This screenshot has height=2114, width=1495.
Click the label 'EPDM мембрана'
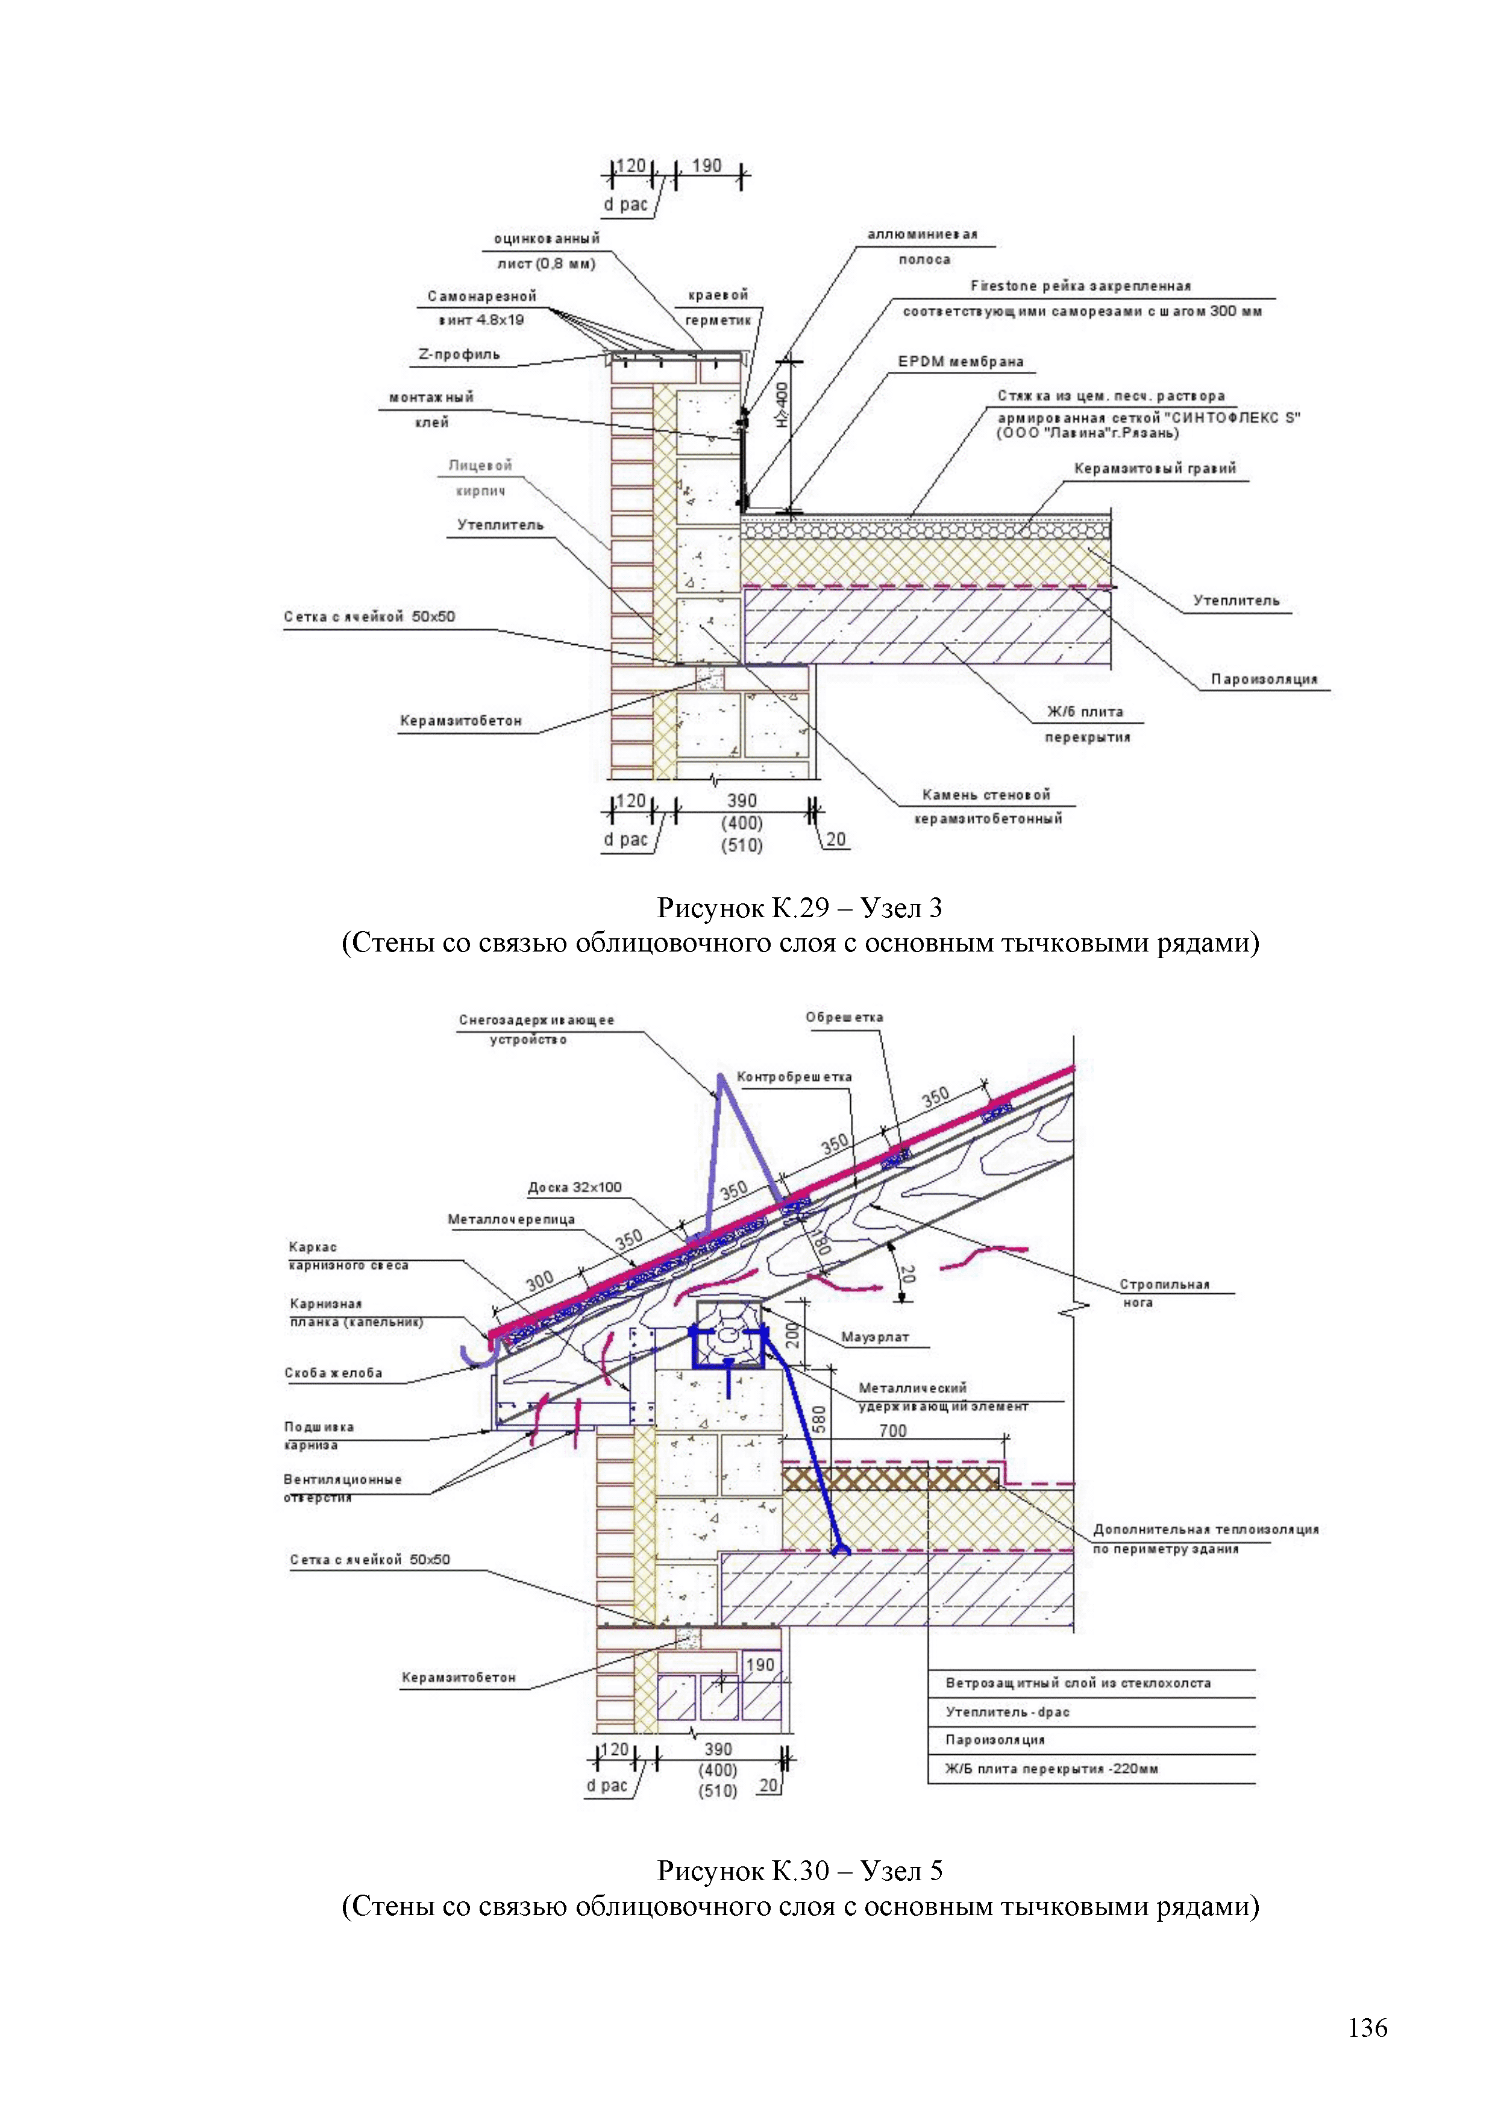pyautogui.click(x=960, y=362)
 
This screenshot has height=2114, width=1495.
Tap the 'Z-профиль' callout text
pyautogui.click(x=459, y=354)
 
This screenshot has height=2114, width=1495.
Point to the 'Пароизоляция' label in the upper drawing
pyautogui.click(x=1263, y=680)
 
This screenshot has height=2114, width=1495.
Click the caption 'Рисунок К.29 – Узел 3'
pyautogui.click(x=799, y=909)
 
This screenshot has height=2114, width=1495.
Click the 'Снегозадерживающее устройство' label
pyautogui.click(x=536, y=1029)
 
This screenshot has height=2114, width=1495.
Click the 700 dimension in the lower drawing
pyautogui.click(x=892, y=1431)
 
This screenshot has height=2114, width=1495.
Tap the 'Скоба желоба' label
pyautogui.click(x=333, y=1373)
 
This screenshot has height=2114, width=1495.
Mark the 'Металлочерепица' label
pyautogui.click(x=511, y=1219)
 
